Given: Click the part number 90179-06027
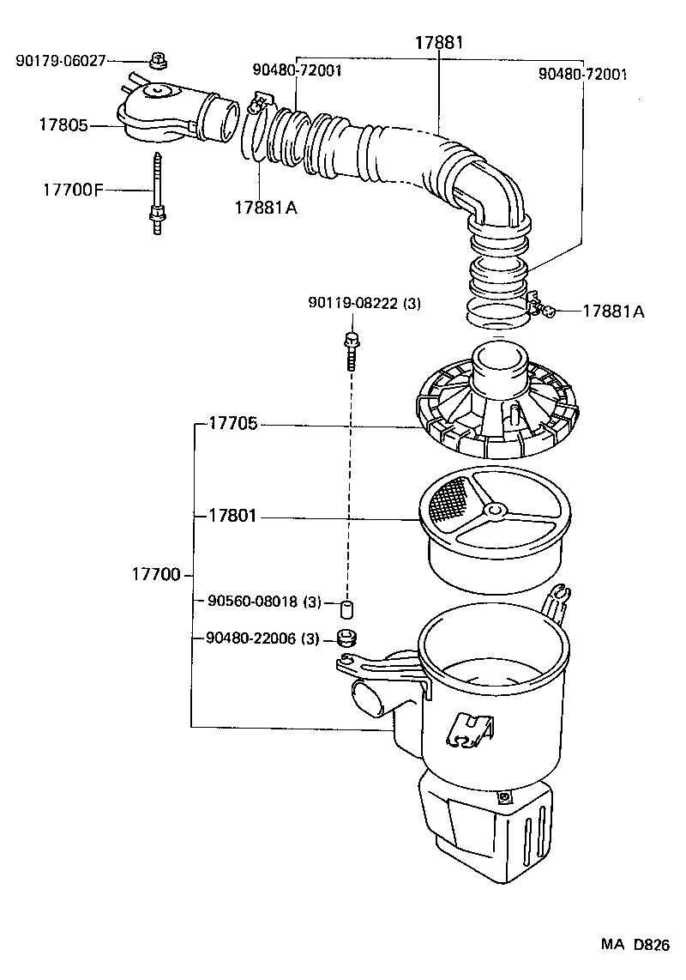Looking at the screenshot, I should click(60, 60).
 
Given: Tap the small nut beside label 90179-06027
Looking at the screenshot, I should click(156, 60).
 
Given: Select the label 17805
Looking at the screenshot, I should click(63, 125).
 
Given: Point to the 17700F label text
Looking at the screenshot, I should click(72, 189).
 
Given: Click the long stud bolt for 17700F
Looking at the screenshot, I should click(157, 192).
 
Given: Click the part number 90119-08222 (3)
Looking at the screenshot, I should click(364, 303).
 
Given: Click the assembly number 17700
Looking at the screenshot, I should click(155, 574).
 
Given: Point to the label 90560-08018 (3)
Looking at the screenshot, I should click(263, 602).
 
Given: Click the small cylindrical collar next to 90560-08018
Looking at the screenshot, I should click(348, 610).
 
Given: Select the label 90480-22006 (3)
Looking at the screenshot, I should click(263, 638).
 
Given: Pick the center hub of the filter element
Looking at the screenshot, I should click(493, 511).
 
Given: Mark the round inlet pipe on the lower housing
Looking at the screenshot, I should click(368, 701).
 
